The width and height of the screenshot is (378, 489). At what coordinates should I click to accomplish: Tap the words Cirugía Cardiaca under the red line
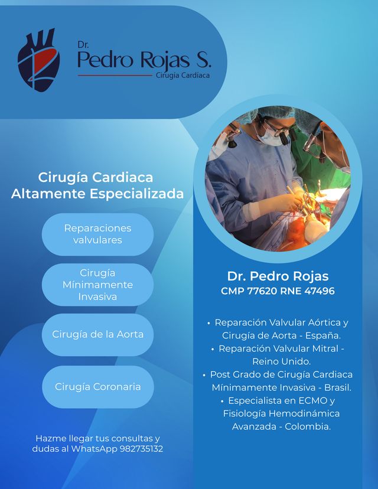[x=183, y=76]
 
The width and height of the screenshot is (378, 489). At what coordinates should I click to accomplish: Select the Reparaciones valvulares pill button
[x=97, y=234]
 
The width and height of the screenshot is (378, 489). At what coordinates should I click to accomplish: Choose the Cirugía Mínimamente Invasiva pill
[x=97, y=285]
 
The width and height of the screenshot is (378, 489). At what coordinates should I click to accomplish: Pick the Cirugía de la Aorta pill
[x=97, y=334]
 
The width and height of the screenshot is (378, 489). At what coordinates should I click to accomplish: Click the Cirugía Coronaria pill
[x=97, y=387]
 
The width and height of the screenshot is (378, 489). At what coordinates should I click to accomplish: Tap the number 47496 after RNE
[x=319, y=291]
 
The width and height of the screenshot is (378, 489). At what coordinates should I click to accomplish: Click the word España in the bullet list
[x=325, y=335]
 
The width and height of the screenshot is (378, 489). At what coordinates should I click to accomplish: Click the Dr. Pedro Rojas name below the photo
[x=278, y=276]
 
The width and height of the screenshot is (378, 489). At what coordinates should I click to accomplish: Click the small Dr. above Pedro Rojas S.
[x=83, y=45]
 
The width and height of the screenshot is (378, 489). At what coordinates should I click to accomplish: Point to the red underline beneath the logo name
[x=115, y=76]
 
